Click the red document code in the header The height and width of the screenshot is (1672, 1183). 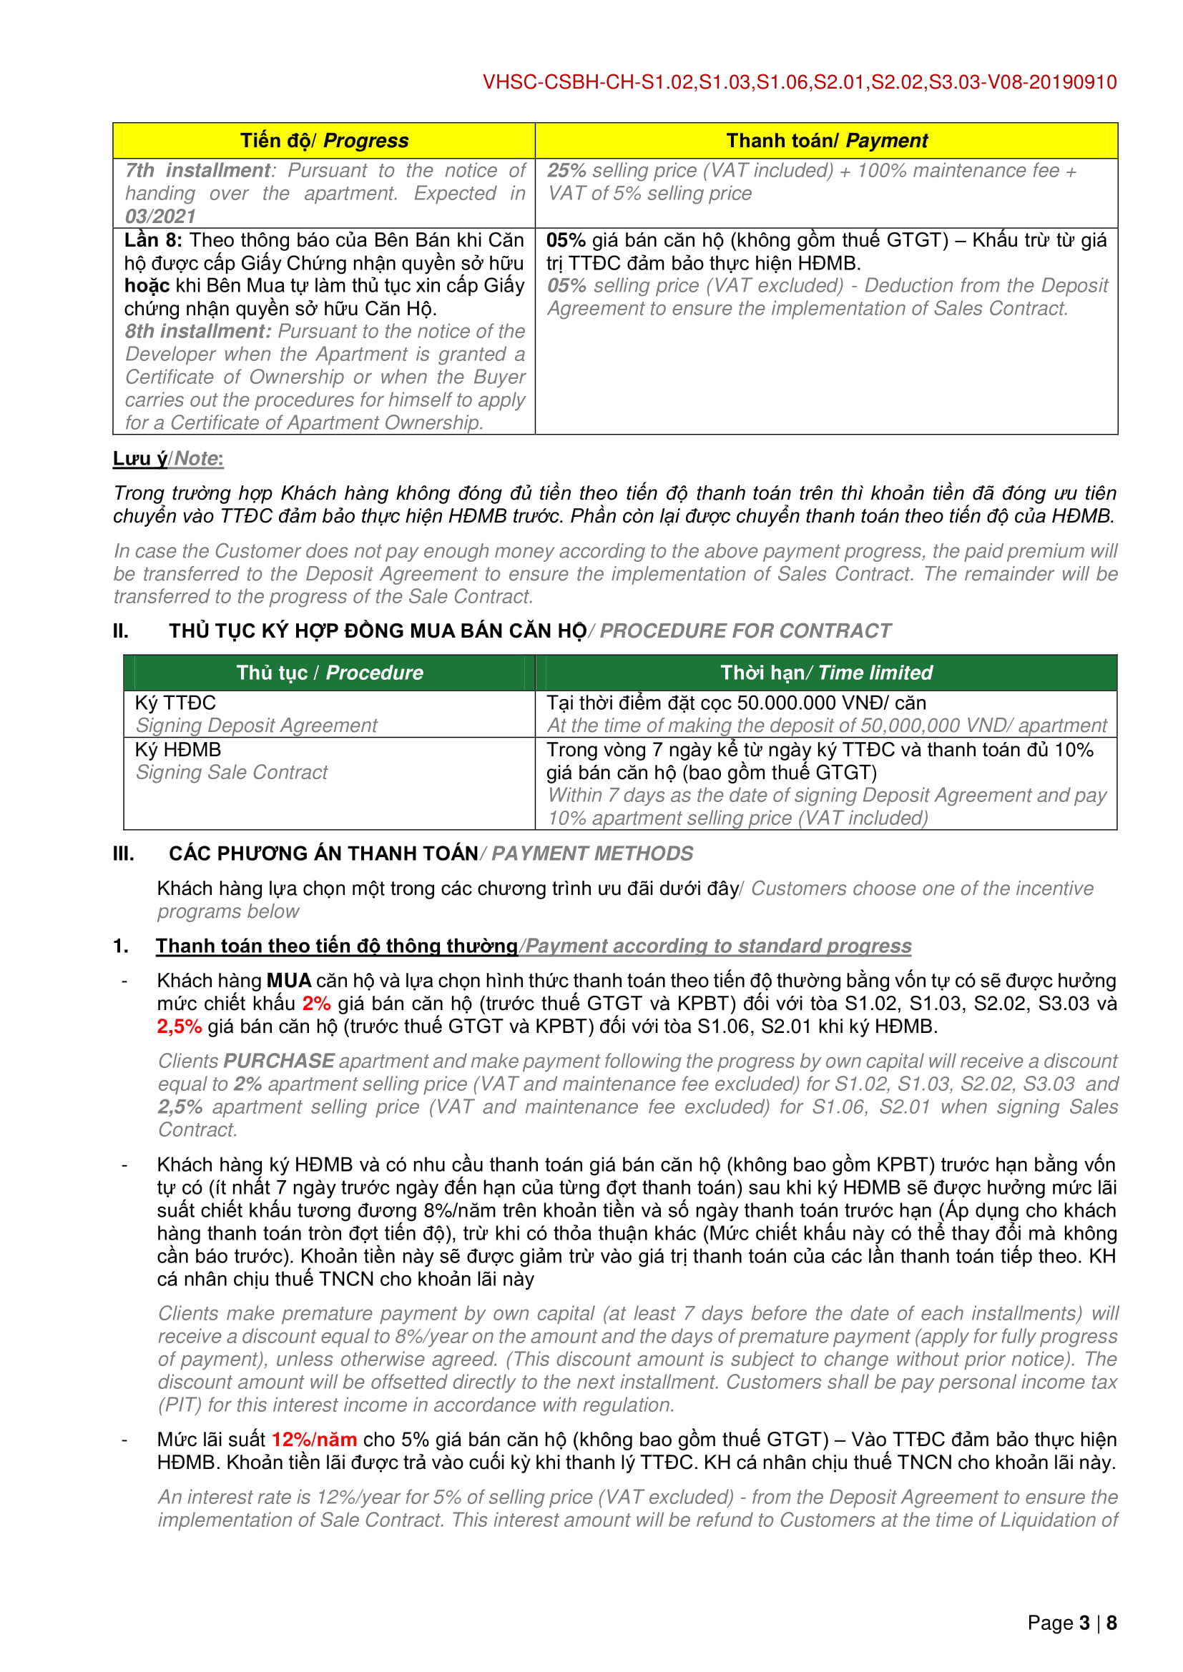(799, 82)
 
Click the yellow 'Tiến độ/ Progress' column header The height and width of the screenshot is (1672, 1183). (324, 141)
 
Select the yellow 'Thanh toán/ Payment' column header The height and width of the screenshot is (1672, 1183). (826, 141)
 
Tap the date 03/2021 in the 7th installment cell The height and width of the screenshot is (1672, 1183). (160, 217)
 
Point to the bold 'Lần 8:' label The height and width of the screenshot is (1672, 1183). (153, 240)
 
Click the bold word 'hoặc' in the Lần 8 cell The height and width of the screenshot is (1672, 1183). (147, 285)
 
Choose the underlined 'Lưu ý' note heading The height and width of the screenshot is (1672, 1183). (140, 459)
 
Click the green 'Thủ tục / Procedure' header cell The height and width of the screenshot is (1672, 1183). (329, 672)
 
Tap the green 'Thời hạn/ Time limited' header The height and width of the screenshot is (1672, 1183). (826, 672)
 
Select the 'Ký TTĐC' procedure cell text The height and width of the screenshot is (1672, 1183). (175, 703)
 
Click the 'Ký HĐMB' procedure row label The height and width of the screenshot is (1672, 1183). (178, 749)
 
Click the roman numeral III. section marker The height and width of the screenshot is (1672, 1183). (123, 854)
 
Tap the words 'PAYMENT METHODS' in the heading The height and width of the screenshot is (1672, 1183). (592, 854)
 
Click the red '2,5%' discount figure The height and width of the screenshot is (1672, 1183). (180, 1027)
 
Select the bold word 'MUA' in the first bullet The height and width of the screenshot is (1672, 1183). (288, 981)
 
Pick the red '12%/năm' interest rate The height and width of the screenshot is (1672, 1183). (314, 1440)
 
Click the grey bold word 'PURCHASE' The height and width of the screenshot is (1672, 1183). (279, 1061)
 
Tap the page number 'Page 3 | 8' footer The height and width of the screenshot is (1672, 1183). (1071, 1623)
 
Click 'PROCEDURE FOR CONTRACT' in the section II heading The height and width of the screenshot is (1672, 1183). (745, 630)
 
